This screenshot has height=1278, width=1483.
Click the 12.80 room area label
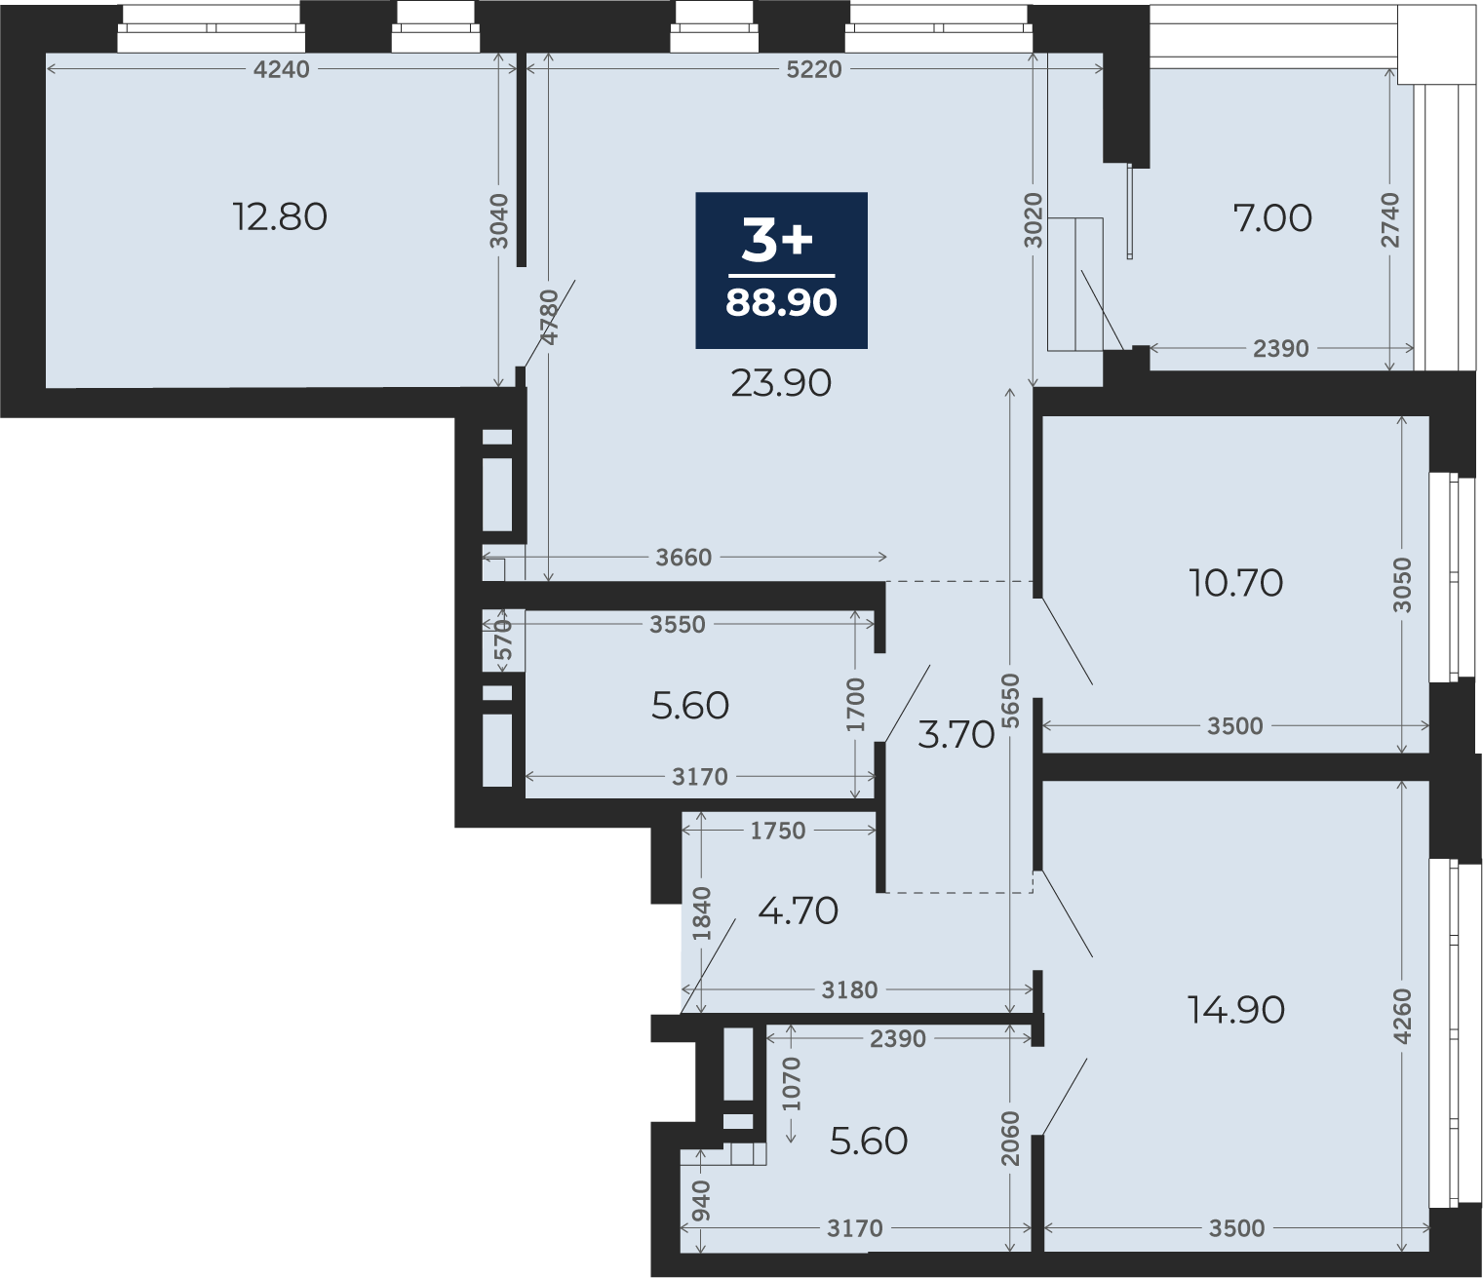coord(280,216)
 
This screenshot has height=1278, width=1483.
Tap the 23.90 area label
coord(781,383)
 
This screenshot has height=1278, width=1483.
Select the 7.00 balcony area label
coord(1272,218)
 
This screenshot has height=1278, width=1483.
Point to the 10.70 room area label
coord(1235,582)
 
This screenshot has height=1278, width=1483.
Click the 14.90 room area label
coord(1235,1010)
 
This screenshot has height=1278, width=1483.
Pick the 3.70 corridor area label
coord(956,734)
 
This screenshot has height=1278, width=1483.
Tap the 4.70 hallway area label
coord(798,910)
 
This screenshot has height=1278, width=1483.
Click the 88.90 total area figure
coord(781,302)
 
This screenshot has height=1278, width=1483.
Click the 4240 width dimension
coord(281,69)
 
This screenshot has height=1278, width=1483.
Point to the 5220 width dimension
coord(813,69)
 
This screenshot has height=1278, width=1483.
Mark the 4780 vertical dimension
coord(550,317)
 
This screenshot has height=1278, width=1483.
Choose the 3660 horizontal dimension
coord(683,558)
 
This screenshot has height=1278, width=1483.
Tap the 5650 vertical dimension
coord(1010,701)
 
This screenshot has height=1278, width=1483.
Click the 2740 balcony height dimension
coord(1390,219)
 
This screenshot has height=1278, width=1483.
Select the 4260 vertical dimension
coord(1402,1016)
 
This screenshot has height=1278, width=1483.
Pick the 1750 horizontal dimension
coord(778,831)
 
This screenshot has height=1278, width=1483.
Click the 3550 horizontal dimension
coord(678,625)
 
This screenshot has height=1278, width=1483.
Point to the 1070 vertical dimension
coord(792,1084)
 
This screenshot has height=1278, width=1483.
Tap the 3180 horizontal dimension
coord(849,990)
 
